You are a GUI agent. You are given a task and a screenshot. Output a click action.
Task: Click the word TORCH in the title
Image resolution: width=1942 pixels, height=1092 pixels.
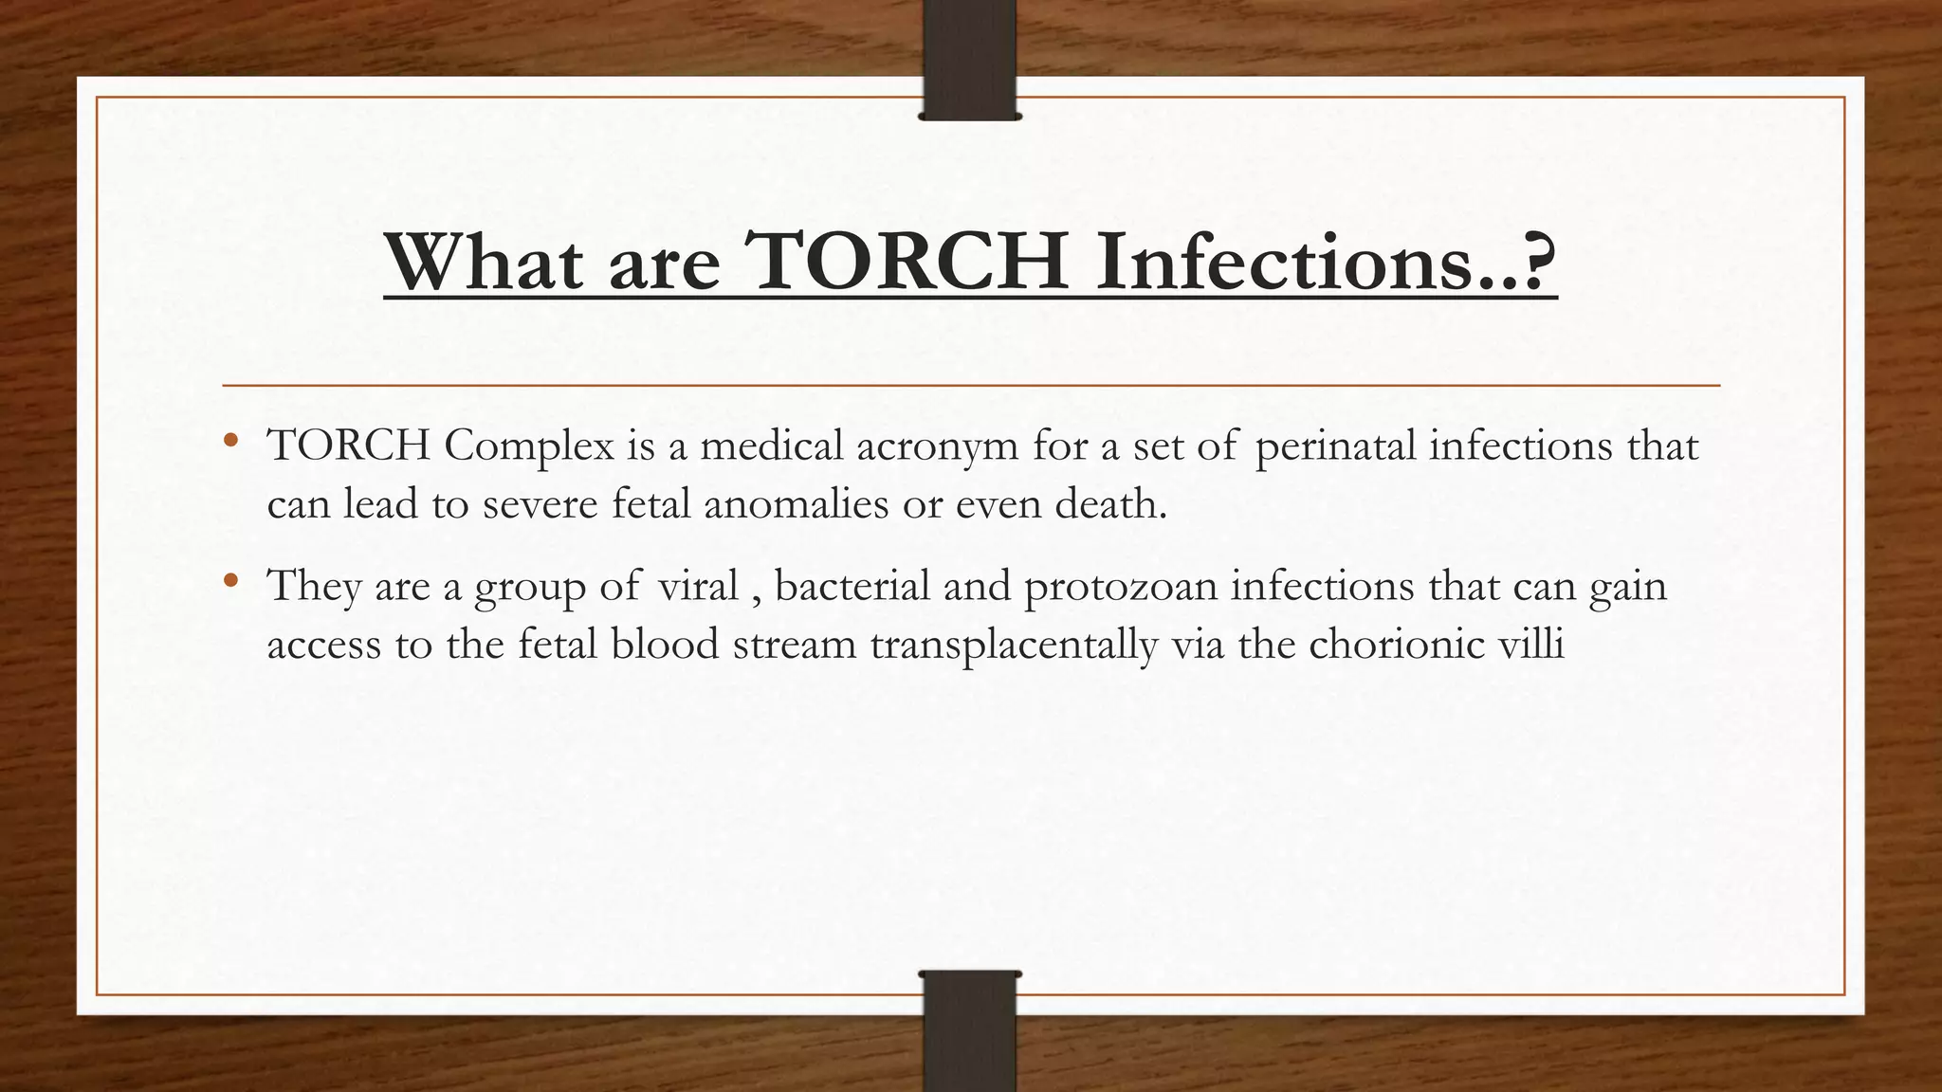point(908,262)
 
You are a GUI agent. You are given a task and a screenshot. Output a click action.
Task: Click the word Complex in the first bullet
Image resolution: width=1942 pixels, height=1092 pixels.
point(528,446)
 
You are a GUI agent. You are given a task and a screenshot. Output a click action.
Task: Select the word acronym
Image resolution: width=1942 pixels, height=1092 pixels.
point(937,446)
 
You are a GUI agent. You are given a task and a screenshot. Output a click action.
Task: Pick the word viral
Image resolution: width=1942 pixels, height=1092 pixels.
point(698,586)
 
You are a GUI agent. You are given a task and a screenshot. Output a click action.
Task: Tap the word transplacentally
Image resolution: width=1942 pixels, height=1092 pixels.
point(1014,646)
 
